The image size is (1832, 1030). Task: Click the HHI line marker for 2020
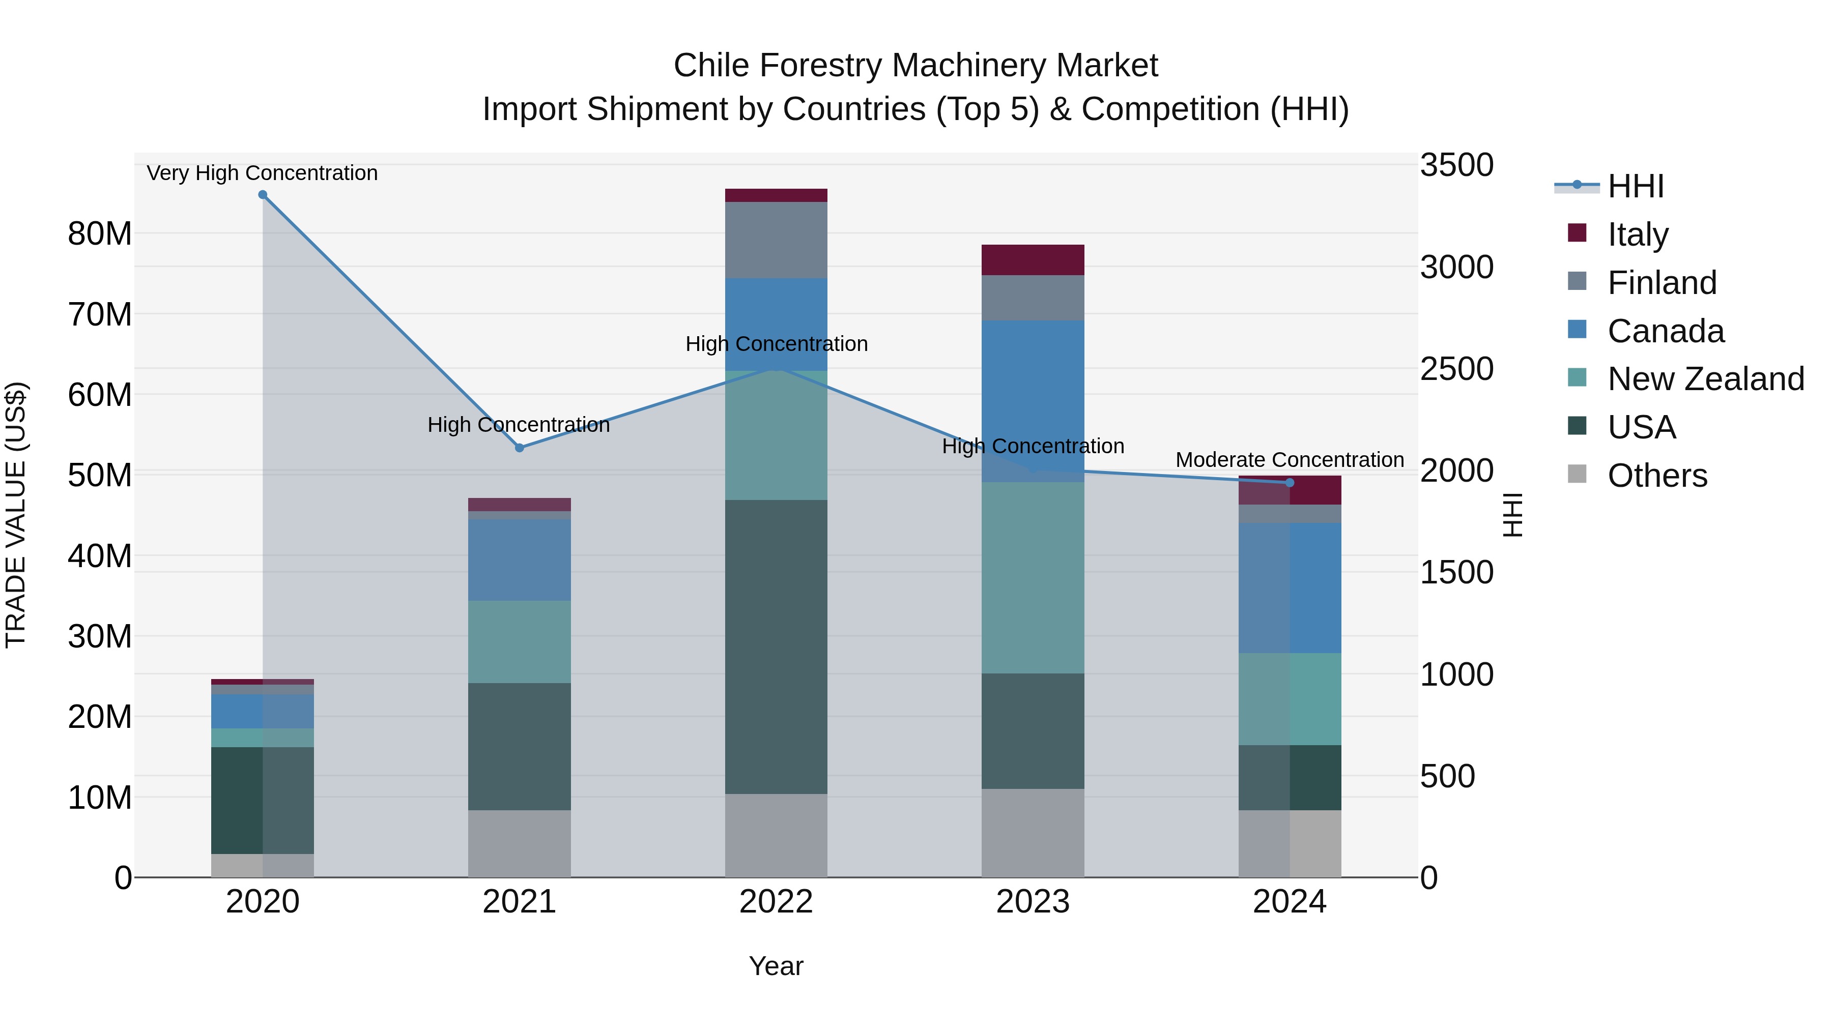(263, 195)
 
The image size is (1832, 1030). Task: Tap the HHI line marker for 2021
(519, 448)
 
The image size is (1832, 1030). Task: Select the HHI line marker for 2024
(1290, 483)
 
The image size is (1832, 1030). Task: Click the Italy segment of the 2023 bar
(1033, 259)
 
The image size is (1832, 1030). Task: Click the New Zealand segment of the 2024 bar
(1290, 699)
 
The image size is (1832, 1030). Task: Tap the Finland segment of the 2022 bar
(776, 240)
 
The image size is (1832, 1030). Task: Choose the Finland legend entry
(1662, 283)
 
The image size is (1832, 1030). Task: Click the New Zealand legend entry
(1705, 379)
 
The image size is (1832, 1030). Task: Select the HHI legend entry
(1635, 186)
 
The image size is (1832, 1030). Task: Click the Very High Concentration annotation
(263, 173)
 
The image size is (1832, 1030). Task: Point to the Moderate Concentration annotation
(1290, 460)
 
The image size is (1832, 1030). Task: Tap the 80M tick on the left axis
(100, 234)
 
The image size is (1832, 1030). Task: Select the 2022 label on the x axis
(776, 902)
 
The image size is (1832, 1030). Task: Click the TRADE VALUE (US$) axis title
(16, 515)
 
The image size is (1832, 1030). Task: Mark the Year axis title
(776, 966)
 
